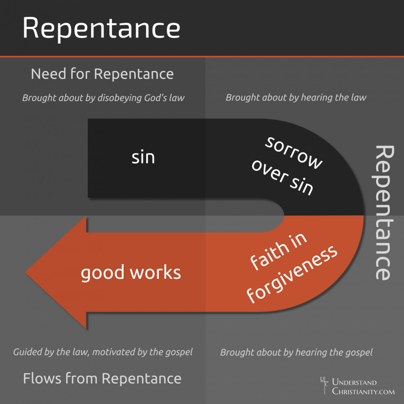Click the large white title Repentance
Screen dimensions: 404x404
click(101, 28)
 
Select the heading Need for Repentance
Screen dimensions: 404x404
click(102, 74)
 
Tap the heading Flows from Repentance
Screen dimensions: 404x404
click(102, 378)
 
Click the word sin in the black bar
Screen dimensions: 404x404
click(143, 157)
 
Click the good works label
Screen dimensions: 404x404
click(130, 272)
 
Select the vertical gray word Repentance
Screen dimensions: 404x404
click(383, 212)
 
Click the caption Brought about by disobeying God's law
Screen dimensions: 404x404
click(103, 97)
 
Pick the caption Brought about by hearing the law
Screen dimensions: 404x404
click(296, 97)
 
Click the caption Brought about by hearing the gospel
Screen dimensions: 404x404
click(296, 352)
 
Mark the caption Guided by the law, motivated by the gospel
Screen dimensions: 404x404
click(103, 352)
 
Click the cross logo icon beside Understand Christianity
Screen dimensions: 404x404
click(324, 385)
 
